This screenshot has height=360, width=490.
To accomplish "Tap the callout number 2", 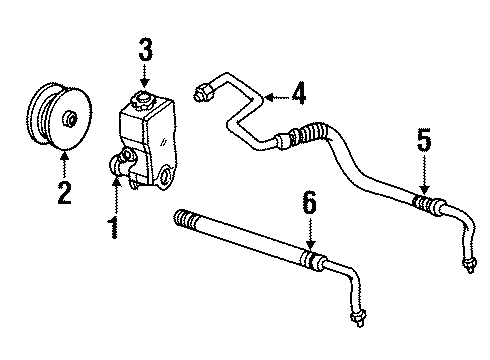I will tap(65, 190).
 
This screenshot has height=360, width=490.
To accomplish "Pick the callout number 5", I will tap(424, 141).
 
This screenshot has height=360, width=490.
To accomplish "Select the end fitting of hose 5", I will tap(466, 265).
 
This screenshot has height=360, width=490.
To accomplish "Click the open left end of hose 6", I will tap(180, 215).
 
